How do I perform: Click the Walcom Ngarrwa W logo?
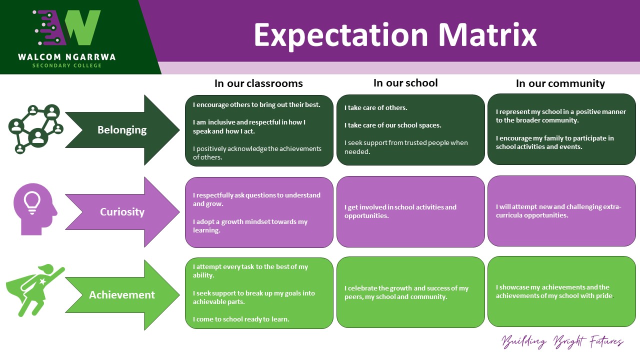click(67, 27)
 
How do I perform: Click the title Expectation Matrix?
click(395, 34)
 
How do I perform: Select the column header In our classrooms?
click(258, 83)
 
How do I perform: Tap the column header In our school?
click(405, 82)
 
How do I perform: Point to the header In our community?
click(560, 83)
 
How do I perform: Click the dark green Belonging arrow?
click(122, 130)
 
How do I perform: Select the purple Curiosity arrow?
click(122, 211)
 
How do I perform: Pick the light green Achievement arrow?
click(122, 294)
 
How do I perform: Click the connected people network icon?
click(35, 128)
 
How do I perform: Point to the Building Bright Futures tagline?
click(562, 342)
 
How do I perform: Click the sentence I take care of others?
click(375, 107)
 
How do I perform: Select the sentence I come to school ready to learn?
click(241, 319)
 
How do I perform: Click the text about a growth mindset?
click(250, 226)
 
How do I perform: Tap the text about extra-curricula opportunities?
click(558, 211)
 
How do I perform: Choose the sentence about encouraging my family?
click(554, 142)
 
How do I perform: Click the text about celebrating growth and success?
click(406, 292)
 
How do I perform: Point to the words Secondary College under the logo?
click(67, 65)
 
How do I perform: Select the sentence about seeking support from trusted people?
click(405, 147)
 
